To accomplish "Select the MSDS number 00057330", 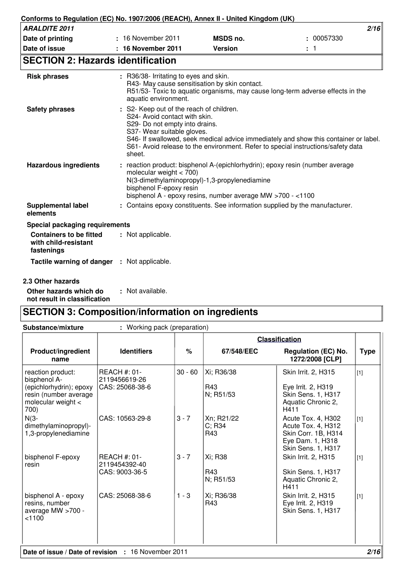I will coord(327,38).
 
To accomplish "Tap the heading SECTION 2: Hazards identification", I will coord(100,61).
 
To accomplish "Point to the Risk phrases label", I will coord(48,76).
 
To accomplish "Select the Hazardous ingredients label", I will coord(63,165).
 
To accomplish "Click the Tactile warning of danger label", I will coord(71,262).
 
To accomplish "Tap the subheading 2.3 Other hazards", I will coord(51,281).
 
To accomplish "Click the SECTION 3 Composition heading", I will coord(140,312).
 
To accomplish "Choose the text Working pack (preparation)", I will coord(168,327).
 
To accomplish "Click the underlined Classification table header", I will coord(279,339).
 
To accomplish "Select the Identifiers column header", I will coord(136,351).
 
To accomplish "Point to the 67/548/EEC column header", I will coord(240,351).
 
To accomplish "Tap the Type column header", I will coord(367,351).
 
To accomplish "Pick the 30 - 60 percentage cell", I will coord(187,372).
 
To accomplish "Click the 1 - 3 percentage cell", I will coord(183,495).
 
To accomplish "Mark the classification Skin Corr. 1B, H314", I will coord(313,433).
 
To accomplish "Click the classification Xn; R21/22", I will coord(222,418).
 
